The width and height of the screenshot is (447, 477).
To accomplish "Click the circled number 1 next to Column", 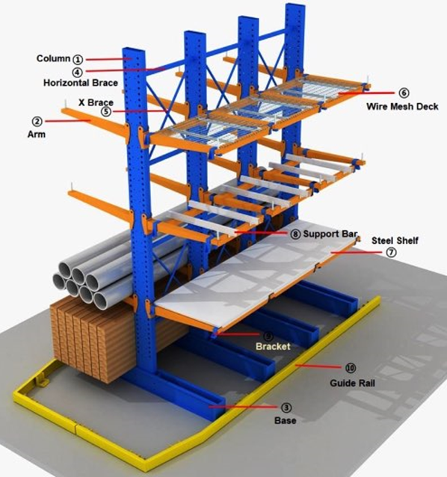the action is coord(78,59).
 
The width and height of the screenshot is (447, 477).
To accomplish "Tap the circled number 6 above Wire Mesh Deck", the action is coord(404,93).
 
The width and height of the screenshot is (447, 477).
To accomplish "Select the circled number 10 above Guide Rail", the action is coord(351,368).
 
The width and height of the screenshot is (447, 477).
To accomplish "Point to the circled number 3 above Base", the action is coord(286,407).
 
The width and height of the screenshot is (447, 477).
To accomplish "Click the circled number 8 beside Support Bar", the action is coord(295,234).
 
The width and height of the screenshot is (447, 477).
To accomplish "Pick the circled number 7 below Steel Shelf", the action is coord(392,252).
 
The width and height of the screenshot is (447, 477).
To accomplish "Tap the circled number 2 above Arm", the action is coord(37,121).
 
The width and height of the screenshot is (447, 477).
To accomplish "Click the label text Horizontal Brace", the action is coord(81,83).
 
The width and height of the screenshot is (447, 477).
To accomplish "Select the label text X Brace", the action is coord(96,102).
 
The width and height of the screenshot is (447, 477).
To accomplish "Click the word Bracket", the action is coord(273,346).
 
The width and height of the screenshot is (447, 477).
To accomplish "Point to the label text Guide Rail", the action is coord(352,383).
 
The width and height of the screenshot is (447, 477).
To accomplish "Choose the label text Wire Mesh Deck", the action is coord(402,106).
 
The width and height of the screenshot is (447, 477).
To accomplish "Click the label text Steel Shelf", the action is coord(395,241).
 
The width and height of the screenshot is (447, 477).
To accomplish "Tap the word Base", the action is coord(286,420).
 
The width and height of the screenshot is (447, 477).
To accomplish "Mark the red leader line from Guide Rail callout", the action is coord(318,366).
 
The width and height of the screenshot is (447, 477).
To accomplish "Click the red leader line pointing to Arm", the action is coord(68,121).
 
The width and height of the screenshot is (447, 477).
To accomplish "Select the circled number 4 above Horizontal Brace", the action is coord(77,72).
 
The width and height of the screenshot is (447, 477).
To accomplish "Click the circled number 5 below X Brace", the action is coord(106,111).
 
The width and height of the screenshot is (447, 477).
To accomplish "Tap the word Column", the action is coord(54,58).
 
